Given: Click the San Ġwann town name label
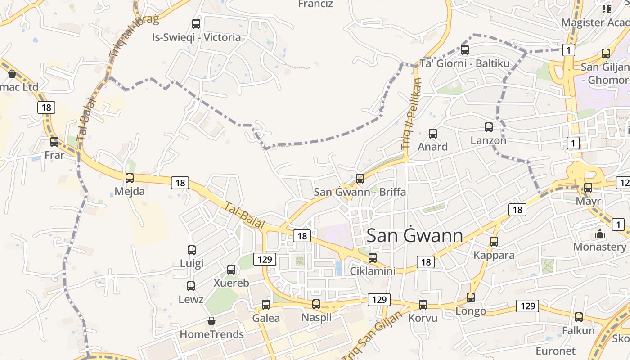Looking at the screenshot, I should pos(414,236).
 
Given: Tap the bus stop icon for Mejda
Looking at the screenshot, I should pos(130,178).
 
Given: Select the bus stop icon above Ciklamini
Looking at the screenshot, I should pos(373,258).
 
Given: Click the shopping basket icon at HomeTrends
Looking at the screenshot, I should pos(211,321).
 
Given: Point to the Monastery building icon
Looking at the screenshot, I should pos(599,234).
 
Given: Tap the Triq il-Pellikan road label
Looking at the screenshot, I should pos(412,114).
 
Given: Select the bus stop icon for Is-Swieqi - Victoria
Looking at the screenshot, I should pos(196,24).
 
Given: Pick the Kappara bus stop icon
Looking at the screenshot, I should pos(494,242).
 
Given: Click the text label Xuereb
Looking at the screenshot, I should pos(231,283).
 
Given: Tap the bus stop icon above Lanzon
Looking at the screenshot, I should pos(489,127).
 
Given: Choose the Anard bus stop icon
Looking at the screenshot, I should pos(433,134).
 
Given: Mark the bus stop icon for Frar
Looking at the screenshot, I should pos(54,142).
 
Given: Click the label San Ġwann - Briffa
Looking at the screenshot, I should pos(360,192).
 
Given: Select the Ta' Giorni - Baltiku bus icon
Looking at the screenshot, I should pos(465,50).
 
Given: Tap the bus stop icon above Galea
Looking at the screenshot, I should pos(266,305).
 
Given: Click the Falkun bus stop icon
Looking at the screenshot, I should pos(579,317).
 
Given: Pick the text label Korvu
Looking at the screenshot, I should pos(423,318).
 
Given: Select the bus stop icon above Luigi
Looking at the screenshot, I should pos(192,250).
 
